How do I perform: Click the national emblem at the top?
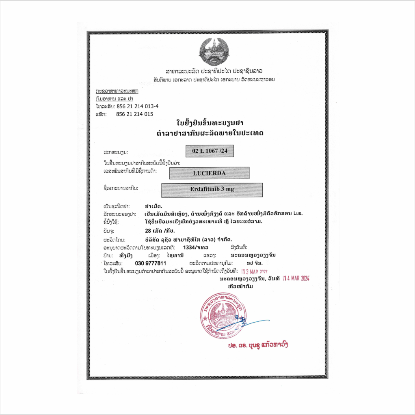(x=211, y=51)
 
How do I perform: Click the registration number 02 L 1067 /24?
(x=210, y=151)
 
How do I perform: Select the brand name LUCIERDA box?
(x=209, y=173)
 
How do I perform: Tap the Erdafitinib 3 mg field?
(x=212, y=189)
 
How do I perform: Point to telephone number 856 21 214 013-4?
(x=137, y=106)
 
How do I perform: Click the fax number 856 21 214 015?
(x=134, y=114)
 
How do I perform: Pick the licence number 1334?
(x=190, y=247)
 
